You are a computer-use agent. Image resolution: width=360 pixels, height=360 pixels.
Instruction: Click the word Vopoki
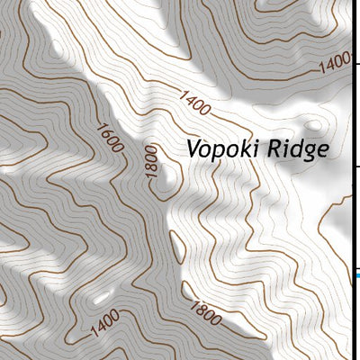pos(221,149)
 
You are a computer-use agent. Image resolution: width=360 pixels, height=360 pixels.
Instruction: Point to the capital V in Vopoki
pos(193,148)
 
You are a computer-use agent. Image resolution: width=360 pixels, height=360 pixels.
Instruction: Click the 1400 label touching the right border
pos(336,63)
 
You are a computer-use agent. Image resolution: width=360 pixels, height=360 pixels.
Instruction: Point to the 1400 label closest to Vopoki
pos(194,103)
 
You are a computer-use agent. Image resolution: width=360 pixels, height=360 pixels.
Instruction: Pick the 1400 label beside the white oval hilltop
pos(104,324)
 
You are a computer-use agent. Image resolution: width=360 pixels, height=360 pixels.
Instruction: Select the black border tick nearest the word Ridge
pos(355,166)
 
